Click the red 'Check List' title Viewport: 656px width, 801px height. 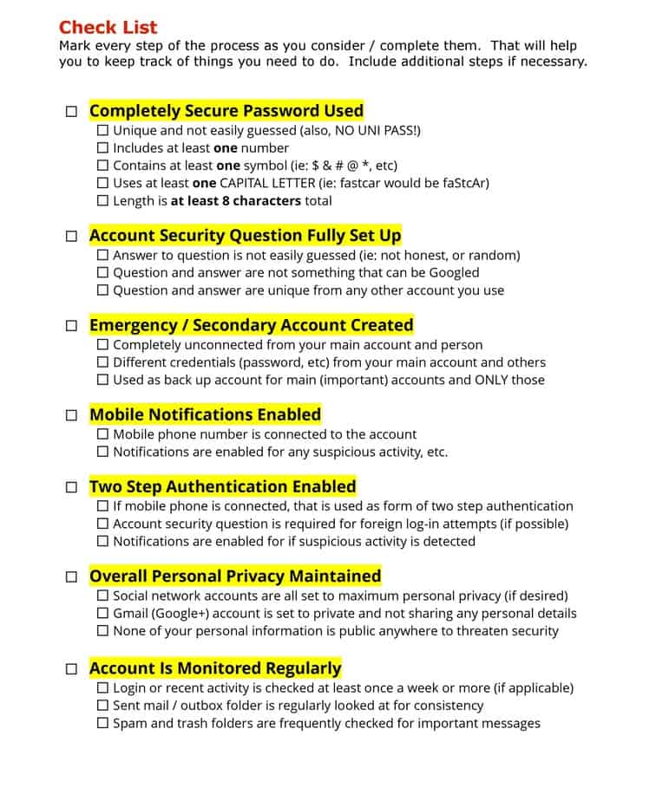click(x=108, y=27)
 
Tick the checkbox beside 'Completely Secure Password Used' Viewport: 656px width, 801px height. click(x=71, y=112)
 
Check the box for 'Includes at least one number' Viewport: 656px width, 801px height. click(x=103, y=148)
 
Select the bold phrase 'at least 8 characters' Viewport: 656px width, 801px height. click(x=236, y=201)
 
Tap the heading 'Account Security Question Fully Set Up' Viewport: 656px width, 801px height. click(x=245, y=236)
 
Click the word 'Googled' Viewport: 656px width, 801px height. click(x=452, y=273)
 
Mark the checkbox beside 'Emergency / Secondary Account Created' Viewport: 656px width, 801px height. click(x=71, y=326)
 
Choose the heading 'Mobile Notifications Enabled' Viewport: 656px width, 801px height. click(x=205, y=414)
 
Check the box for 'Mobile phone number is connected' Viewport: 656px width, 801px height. click(x=103, y=434)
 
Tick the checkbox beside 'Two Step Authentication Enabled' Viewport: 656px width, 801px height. click(x=71, y=487)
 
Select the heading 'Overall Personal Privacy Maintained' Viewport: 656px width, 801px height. click(x=235, y=576)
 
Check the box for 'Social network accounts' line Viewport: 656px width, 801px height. click(x=103, y=596)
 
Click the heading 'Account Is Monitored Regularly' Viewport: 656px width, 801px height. click(x=215, y=668)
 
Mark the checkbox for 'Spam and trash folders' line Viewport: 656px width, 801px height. click(x=103, y=723)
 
